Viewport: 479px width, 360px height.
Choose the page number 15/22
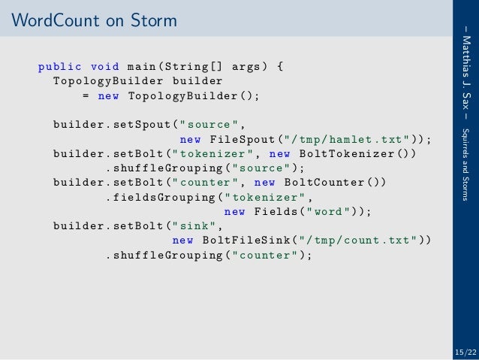coord(465,352)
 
